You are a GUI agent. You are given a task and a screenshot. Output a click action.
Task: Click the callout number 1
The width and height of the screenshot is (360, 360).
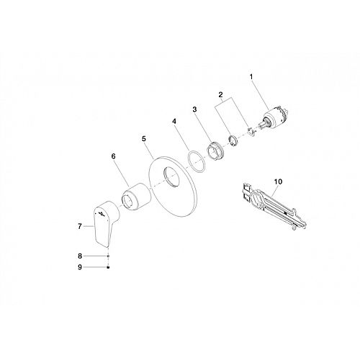pos(251,77)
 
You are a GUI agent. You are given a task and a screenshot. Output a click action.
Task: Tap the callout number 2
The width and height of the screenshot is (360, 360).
pos(221,94)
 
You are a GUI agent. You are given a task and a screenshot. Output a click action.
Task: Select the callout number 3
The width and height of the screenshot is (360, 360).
pos(194,109)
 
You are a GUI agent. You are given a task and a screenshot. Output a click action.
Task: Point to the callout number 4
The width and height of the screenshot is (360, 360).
pos(174,121)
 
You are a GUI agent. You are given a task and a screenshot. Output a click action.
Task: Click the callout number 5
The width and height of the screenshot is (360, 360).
pos(144,139)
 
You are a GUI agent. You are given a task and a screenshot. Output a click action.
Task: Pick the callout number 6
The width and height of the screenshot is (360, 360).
pos(113,156)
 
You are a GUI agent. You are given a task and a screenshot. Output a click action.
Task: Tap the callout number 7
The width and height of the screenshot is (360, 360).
pos(80,226)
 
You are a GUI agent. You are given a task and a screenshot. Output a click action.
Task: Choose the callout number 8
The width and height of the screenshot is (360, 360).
pos(80,256)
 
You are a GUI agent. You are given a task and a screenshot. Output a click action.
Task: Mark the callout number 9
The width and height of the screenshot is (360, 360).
pos(80,267)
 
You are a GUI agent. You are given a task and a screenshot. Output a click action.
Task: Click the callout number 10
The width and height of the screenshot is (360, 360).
pos(278,181)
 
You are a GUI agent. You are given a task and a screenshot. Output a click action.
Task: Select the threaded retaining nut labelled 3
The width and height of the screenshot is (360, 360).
pos(215,151)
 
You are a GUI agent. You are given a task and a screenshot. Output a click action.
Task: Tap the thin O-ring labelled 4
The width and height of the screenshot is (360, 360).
pos(196,162)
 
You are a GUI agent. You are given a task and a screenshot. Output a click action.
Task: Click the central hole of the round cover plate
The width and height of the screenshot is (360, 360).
pos(172,177)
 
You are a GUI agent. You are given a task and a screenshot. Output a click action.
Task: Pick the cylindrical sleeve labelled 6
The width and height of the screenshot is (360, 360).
pos(136,197)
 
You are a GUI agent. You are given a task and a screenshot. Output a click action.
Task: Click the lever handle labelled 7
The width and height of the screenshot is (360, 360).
pos(105,222)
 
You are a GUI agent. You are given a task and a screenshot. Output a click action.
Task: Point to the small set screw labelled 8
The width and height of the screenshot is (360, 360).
pos(108,256)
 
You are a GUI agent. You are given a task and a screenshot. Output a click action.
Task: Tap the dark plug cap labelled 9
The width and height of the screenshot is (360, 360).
pos(108,267)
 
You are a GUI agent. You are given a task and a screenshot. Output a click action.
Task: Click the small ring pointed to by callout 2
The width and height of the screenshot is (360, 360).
pos(233,140)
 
